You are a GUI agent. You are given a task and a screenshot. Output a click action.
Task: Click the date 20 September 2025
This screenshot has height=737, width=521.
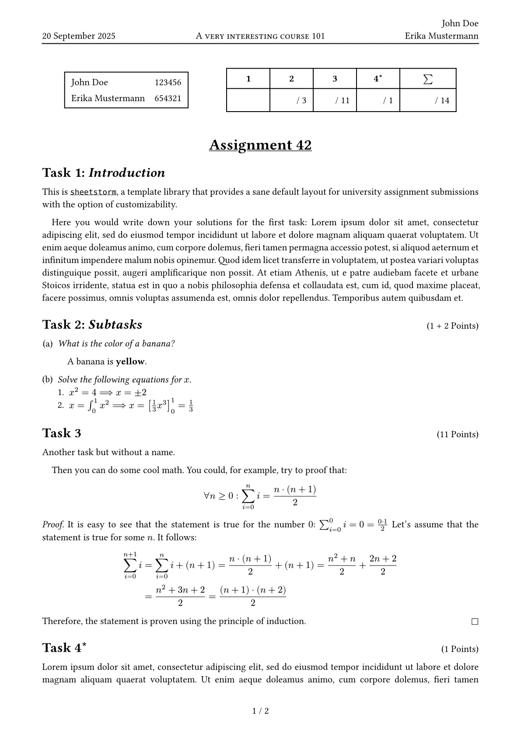[79, 36]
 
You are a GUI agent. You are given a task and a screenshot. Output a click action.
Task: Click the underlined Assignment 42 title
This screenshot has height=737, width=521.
[260, 145]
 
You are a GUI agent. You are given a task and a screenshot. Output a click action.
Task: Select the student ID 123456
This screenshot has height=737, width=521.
[168, 82]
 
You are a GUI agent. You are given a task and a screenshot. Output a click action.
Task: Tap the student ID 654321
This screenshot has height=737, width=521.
[168, 98]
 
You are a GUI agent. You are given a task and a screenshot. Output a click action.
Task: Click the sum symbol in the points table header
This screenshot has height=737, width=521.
[428, 79]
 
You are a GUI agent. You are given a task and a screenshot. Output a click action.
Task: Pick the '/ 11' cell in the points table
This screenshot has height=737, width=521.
[343, 101]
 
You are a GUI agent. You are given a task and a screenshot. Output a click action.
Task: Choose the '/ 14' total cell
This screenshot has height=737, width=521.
[442, 101]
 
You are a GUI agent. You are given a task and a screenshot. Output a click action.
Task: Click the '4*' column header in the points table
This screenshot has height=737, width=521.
[378, 79]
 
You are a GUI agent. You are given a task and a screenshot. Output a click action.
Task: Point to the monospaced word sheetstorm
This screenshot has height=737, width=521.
[93, 192]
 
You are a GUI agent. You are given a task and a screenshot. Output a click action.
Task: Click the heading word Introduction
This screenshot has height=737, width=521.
[127, 173]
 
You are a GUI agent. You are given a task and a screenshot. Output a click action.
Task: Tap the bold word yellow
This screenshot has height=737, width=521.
[130, 361]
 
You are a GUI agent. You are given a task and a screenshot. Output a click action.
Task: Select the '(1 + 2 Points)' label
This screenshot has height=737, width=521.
[452, 326]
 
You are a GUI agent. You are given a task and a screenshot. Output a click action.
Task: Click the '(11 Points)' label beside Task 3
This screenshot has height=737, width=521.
[457, 435]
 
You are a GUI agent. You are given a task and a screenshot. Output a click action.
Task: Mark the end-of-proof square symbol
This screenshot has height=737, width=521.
[475, 621]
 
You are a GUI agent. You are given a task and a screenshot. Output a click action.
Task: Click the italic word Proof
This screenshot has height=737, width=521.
[53, 525]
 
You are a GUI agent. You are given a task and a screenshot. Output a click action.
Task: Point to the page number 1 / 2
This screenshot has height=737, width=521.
[261, 711]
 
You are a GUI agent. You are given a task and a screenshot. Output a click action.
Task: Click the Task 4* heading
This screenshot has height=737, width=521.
[64, 648]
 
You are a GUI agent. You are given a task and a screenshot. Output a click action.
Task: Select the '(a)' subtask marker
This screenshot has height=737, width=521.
[47, 344]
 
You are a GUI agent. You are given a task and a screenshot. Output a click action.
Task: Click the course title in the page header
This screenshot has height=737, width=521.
[260, 36]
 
